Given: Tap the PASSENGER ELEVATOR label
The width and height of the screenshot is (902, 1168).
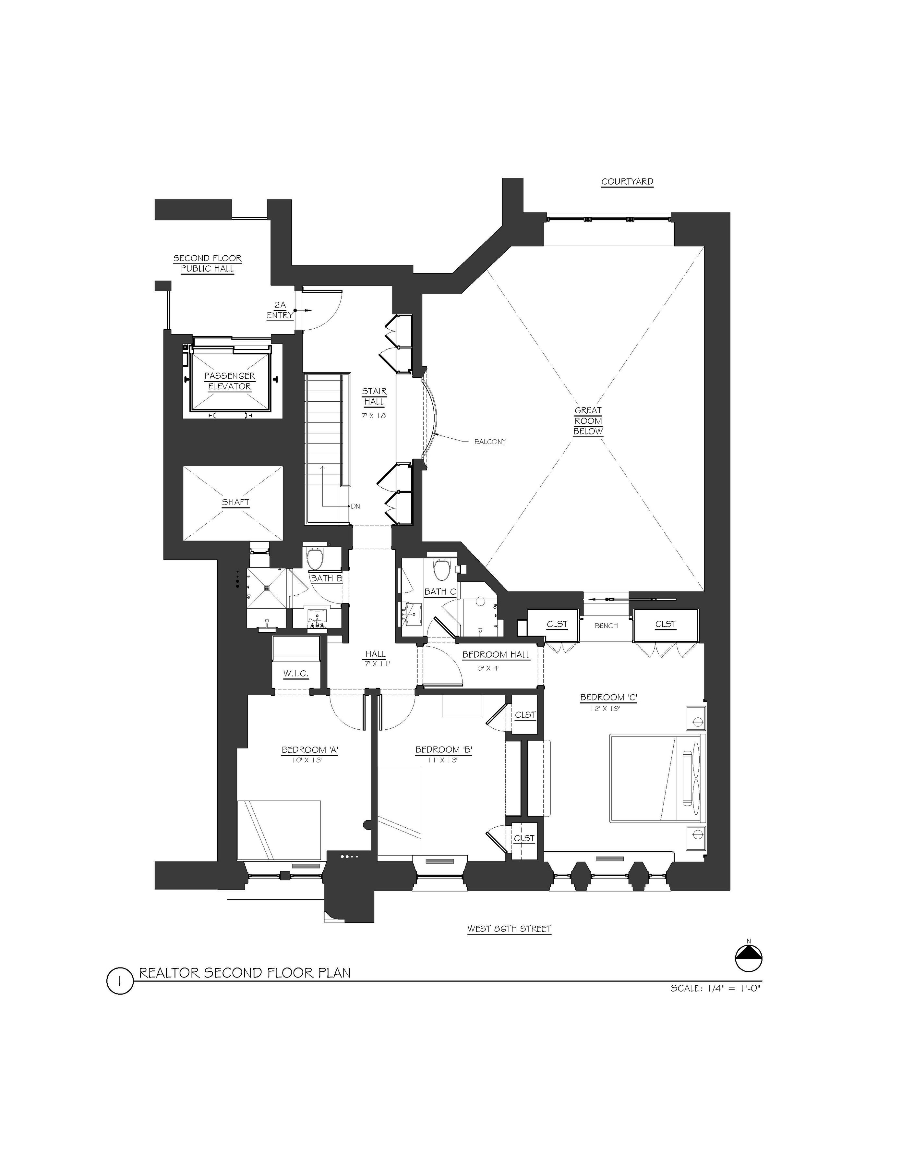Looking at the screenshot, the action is coord(229,381).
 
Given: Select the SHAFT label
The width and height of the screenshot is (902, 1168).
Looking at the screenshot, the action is coord(236,502).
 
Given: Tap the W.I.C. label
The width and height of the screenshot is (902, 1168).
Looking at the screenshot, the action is coord(296,673).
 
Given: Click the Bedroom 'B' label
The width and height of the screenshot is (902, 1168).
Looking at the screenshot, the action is coord(444,750).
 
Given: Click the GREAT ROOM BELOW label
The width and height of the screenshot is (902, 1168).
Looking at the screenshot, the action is coord(588,421).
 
